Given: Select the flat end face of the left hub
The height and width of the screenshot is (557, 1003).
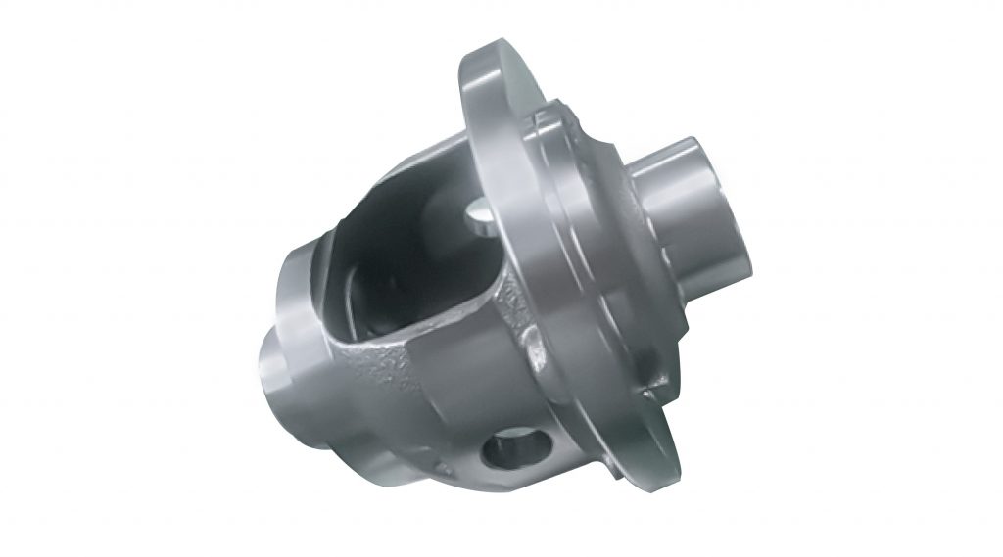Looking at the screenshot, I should (x=266, y=367).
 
